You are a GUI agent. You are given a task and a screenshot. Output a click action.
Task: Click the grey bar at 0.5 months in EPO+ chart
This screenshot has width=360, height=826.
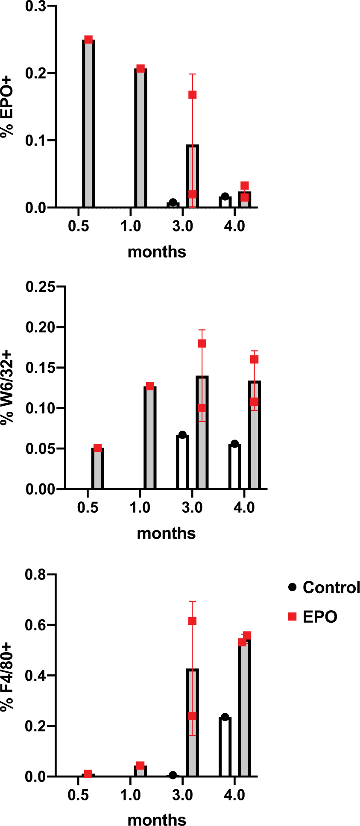pyautogui.click(x=88, y=124)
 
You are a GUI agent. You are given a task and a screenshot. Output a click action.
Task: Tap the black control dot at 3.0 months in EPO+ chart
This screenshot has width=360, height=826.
pyautogui.click(x=173, y=202)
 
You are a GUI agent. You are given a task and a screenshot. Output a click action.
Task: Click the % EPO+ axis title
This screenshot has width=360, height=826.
pyautogui.click(x=7, y=107)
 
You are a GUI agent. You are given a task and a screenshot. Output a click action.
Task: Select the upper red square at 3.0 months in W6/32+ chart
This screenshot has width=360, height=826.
pyautogui.click(x=202, y=343)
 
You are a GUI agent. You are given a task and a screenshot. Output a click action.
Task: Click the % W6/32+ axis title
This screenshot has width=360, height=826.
pyautogui.click(x=7, y=387)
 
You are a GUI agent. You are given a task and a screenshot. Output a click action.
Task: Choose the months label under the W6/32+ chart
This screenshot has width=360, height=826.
pyautogui.click(x=166, y=533)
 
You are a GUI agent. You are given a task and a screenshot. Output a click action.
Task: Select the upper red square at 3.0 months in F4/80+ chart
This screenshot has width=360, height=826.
pyautogui.click(x=192, y=621)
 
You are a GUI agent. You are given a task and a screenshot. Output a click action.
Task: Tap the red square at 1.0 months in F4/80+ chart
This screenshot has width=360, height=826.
pyautogui.click(x=140, y=765)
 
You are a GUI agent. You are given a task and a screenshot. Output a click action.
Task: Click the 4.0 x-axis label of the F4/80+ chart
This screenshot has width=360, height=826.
pyautogui.click(x=234, y=795)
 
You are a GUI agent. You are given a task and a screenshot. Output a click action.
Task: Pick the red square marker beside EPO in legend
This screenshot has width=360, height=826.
pyautogui.click(x=293, y=616)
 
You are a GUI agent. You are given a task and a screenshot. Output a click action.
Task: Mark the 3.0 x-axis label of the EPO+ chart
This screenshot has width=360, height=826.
pyautogui.click(x=183, y=226)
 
